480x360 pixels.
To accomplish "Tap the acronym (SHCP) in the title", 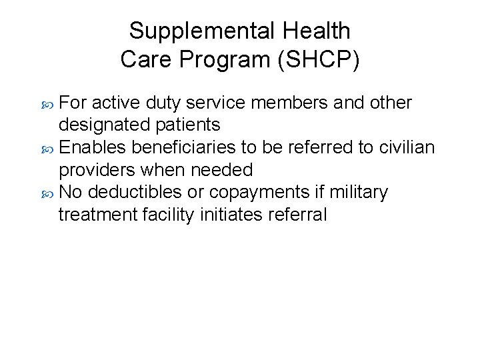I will coord(318,60).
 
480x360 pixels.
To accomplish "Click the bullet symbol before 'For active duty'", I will coord(48,104).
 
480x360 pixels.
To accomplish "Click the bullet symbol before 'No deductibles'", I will coord(48,193).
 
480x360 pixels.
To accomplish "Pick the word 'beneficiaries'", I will coord(195,147).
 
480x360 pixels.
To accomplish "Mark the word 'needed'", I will coord(222,170).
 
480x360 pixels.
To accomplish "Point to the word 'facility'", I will coord(169,215).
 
